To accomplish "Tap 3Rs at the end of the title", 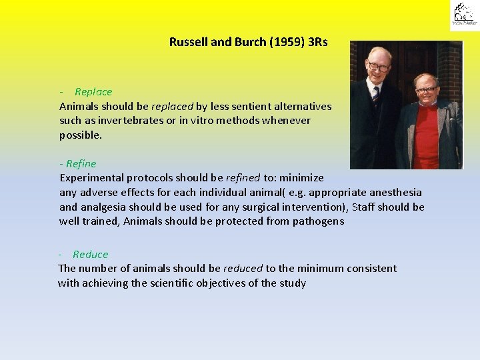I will tap(314, 42).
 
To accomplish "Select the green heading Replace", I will tap(93, 92).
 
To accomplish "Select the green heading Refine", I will tap(81, 163).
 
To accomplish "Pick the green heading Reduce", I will tap(90, 254).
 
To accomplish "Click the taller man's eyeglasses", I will tap(377, 67).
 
